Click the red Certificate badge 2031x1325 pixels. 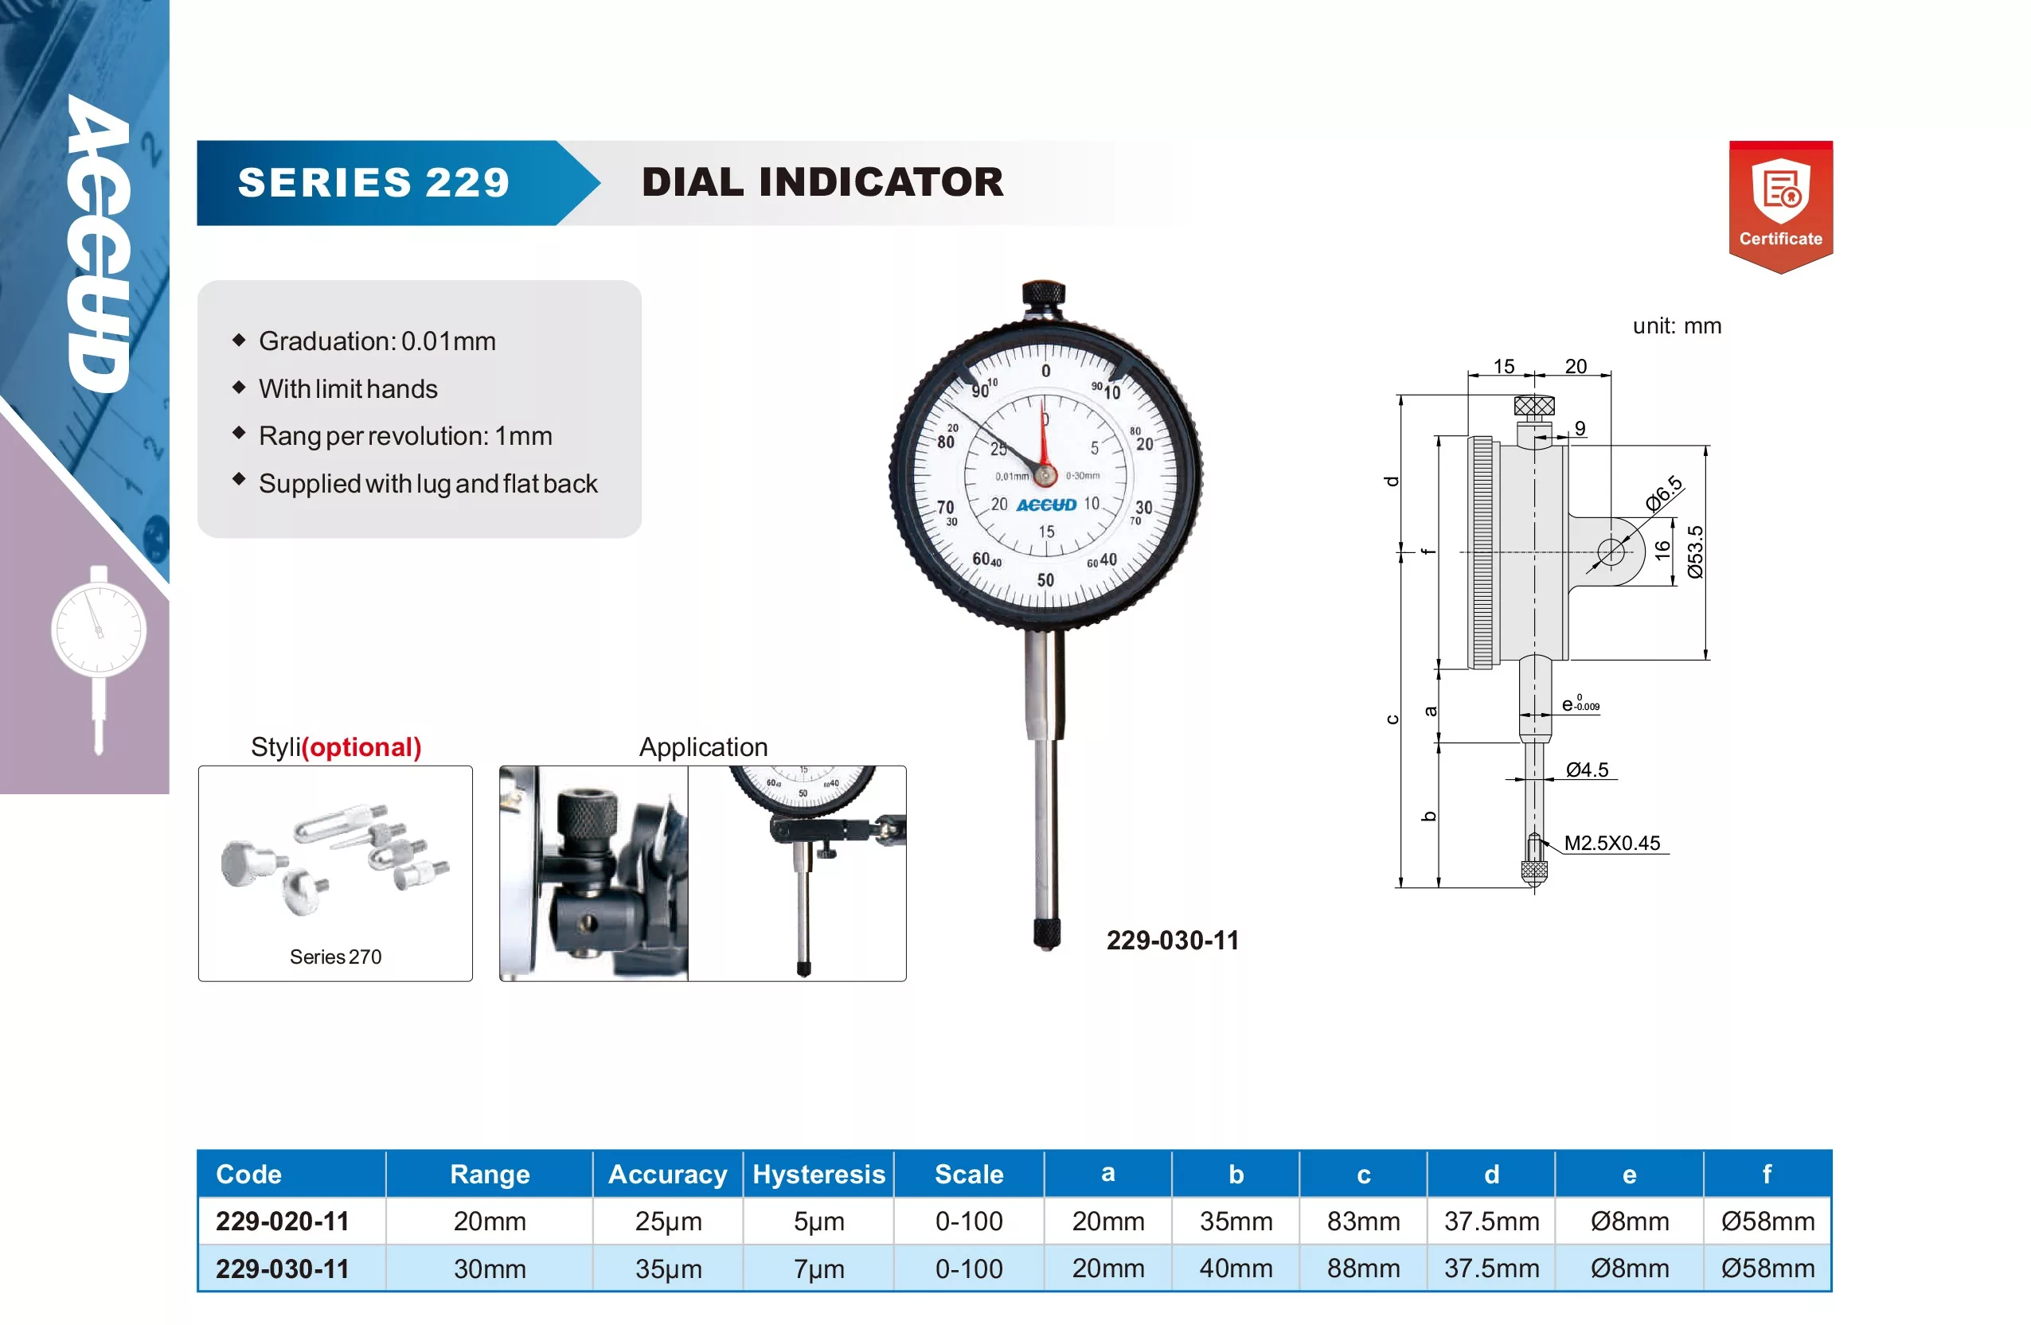1780,206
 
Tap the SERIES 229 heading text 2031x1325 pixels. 373,182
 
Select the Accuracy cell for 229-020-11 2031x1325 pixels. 668,1221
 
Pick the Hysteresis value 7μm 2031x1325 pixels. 818,1268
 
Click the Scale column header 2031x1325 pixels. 969,1174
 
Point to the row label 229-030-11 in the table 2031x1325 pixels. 283,1268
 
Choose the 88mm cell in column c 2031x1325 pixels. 1363,1268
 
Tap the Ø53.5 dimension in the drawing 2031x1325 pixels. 1695,552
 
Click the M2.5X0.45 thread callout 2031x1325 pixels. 1612,843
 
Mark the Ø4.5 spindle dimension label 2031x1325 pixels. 1588,770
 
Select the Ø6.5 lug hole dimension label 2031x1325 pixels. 1664,493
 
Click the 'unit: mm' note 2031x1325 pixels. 1677,326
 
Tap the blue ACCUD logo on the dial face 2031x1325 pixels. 1046,505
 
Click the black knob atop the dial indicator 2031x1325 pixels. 1043,298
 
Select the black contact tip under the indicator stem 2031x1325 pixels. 1046,934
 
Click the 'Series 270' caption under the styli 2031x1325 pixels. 335,957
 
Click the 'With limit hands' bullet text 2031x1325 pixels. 348,389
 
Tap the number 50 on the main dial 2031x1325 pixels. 1045,580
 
